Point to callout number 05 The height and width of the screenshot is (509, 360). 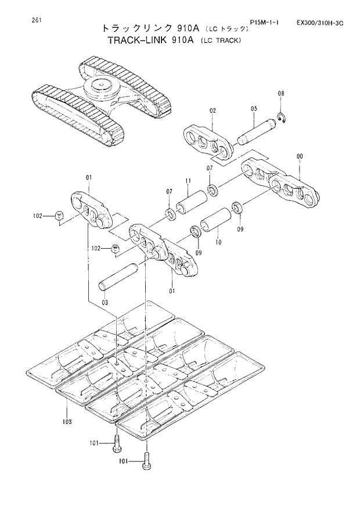point(254,109)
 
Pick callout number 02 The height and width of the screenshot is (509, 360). point(213,110)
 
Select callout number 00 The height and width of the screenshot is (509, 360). point(299,156)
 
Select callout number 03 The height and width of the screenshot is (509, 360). point(105,302)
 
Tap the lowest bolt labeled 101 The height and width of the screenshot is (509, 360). point(146,463)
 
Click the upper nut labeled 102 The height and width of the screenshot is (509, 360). point(59,216)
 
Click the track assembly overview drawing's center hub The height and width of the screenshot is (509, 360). point(102,87)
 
